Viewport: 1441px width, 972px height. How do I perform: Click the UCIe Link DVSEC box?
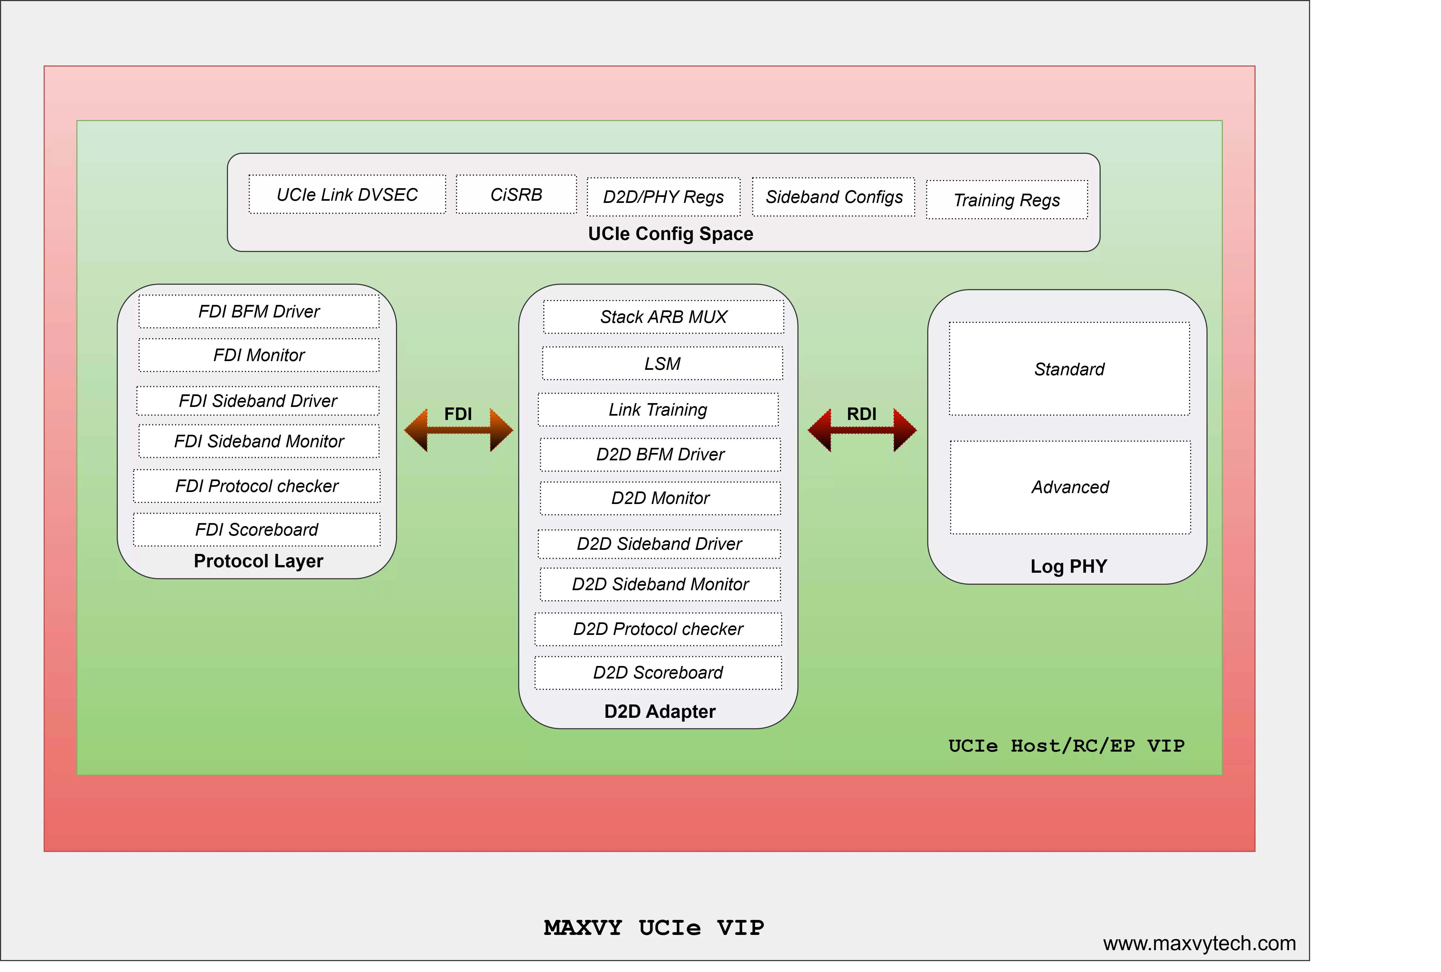347,195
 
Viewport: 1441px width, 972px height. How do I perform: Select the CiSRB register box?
516,195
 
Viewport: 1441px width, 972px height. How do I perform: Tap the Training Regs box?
1007,200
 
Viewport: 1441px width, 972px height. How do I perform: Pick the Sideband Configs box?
834,197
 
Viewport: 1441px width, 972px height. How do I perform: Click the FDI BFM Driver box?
259,311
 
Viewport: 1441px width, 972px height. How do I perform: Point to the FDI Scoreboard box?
257,529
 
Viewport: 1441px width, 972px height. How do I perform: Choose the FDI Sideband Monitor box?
259,441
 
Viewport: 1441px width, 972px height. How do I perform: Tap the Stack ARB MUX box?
663,317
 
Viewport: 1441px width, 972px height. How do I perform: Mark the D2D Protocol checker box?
658,629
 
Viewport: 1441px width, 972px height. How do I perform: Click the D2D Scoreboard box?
658,673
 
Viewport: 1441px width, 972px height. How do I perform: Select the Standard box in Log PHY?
1069,369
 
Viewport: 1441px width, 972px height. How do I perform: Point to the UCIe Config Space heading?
671,234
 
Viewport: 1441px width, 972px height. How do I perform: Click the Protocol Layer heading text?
259,561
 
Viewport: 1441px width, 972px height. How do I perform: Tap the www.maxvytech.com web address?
1199,943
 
